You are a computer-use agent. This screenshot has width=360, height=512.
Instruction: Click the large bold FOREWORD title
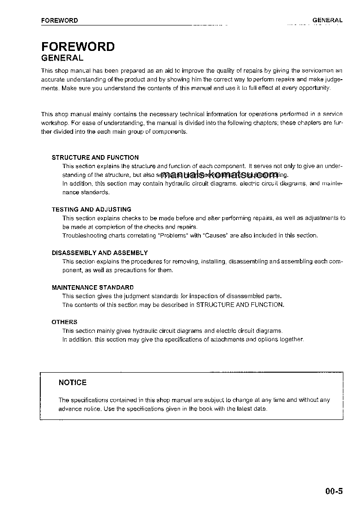tap(78, 47)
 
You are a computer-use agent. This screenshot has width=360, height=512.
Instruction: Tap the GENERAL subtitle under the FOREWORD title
tap(62, 58)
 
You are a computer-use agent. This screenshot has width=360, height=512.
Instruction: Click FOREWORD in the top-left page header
tap(59, 20)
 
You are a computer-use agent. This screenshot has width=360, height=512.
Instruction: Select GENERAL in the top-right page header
tap(327, 20)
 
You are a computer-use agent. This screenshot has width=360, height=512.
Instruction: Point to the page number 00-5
tap(334, 491)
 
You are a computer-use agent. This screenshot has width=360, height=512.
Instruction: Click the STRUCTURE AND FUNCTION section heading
tap(95, 157)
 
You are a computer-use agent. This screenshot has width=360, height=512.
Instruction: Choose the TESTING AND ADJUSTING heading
tap(92, 210)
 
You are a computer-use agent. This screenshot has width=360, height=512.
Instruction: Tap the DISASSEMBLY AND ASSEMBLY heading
tap(100, 253)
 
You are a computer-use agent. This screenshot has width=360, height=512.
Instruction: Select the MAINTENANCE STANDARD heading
tap(93, 287)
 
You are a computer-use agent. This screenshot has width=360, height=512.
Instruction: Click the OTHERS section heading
tap(65, 322)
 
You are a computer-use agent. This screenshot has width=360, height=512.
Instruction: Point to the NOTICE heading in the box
tap(73, 382)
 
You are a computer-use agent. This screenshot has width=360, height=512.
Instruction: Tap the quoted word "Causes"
tap(215, 236)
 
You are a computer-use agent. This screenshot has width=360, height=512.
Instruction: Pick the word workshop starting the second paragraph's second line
tap(54, 123)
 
